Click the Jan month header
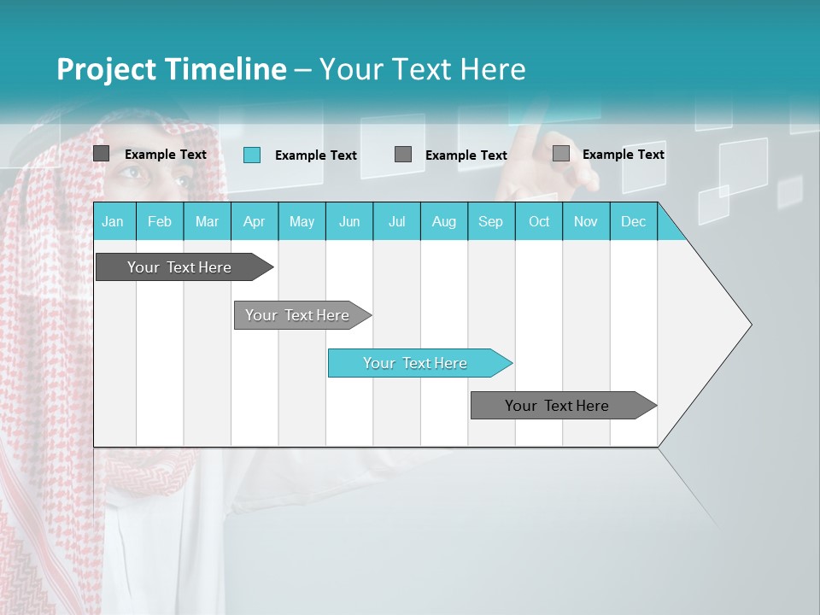(114, 222)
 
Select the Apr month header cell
(255, 222)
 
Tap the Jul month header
(397, 222)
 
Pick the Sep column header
(491, 222)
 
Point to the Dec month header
(634, 222)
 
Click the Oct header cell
(539, 222)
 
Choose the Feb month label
(160, 222)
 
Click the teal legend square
(252, 155)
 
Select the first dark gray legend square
(102, 154)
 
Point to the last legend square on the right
(561, 154)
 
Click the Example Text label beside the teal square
(316, 155)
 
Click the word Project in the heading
(104, 69)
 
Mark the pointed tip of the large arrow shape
(750, 324)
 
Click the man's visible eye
(129, 173)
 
